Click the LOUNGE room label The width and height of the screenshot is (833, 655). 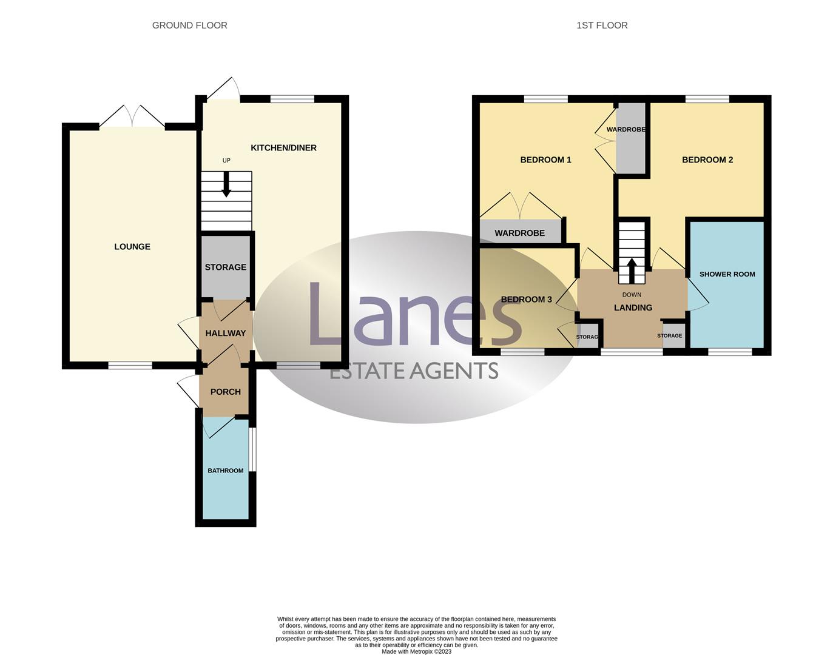pyautogui.click(x=132, y=247)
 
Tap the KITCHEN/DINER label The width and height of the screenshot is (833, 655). pyautogui.click(x=283, y=148)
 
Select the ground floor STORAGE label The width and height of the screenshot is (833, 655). pyautogui.click(x=226, y=267)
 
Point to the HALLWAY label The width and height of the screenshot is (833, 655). pyautogui.click(x=226, y=333)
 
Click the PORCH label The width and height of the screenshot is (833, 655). pyautogui.click(x=226, y=392)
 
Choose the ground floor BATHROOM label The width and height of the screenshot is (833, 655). pyautogui.click(x=226, y=471)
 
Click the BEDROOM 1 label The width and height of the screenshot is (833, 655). pyautogui.click(x=545, y=160)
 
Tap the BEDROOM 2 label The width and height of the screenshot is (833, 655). pyautogui.click(x=707, y=160)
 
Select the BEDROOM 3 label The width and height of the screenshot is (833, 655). pyautogui.click(x=526, y=300)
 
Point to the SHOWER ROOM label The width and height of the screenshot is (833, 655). pyautogui.click(x=727, y=274)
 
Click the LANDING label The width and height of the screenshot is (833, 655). pyautogui.click(x=633, y=307)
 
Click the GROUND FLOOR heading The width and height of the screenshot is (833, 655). pyautogui.click(x=189, y=25)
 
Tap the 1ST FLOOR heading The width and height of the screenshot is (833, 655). pyautogui.click(x=602, y=25)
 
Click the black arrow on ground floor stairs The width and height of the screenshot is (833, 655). pyautogui.click(x=226, y=185)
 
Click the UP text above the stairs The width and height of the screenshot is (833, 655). pyautogui.click(x=226, y=161)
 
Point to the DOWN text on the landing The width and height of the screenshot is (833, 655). pyautogui.click(x=632, y=295)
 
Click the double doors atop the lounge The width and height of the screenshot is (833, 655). pyautogui.click(x=132, y=116)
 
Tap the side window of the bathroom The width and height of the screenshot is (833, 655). pyautogui.click(x=253, y=449)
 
